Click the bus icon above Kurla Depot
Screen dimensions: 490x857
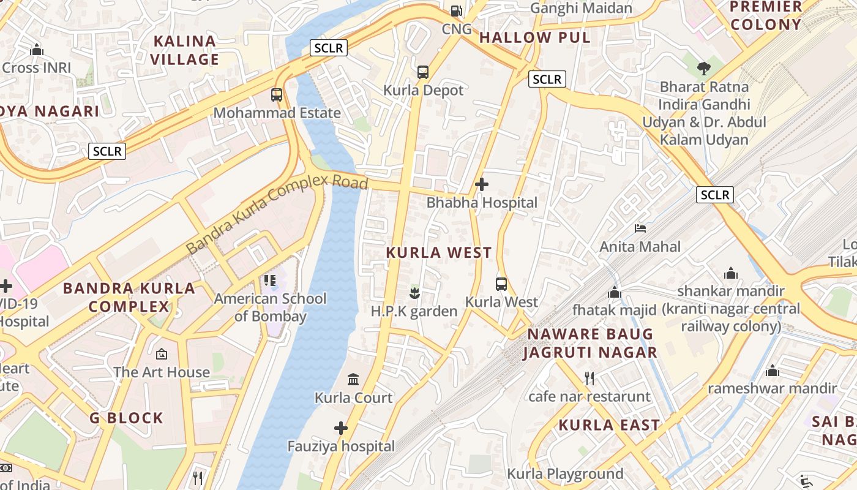click(423, 72)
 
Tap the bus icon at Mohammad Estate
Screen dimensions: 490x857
click(277, 95)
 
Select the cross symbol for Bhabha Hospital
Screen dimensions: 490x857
click(482, 184)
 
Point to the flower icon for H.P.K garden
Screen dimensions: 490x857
click(415, 293)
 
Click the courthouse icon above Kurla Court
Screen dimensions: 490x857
click(353, 380)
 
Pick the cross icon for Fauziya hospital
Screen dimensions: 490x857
click(341, 428)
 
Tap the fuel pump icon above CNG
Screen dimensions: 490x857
click(456, 10)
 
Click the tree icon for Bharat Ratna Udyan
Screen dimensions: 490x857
click(704, 68)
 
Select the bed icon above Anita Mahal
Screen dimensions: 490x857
click(640, 228)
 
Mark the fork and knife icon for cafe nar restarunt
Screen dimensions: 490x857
click(589, 378)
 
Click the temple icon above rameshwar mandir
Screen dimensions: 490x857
click(772, 371)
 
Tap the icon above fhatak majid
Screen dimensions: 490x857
click(614, 292)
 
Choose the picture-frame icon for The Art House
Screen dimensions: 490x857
click(162, 354)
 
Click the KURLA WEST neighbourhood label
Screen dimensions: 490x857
click(439, 252)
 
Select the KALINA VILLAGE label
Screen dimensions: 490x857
click(185, 50)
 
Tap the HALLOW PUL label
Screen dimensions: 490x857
click(534, 37)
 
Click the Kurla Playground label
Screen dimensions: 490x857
click(565, 473)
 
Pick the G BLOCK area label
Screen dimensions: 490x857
click(127, 418)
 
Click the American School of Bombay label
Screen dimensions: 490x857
click(270, 307)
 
